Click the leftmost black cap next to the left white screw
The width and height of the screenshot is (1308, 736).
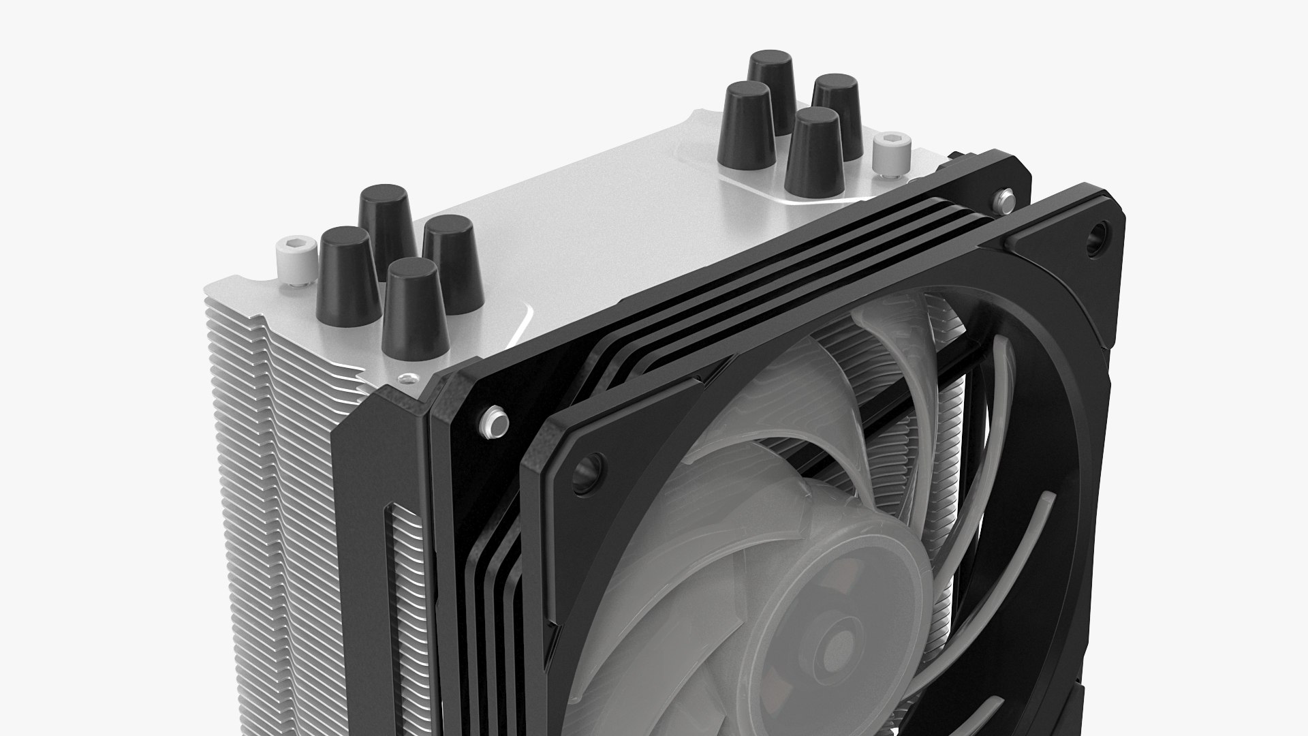point(347,276)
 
